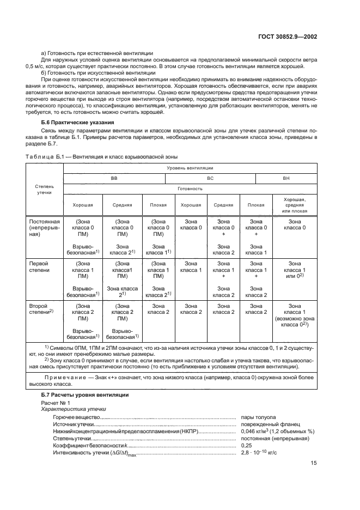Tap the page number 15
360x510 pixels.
click(x=314, y=463)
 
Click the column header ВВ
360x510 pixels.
click(x=114, y=178)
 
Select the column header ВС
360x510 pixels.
click(x=210, y=178)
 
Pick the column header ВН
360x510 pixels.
click(x=286, y=178)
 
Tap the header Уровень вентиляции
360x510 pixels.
click(x=190, y=168)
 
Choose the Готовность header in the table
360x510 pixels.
click(x=190, y=189)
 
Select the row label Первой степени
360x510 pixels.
click(x=39, y=265)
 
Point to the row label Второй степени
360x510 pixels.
click(x=41, y=309)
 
